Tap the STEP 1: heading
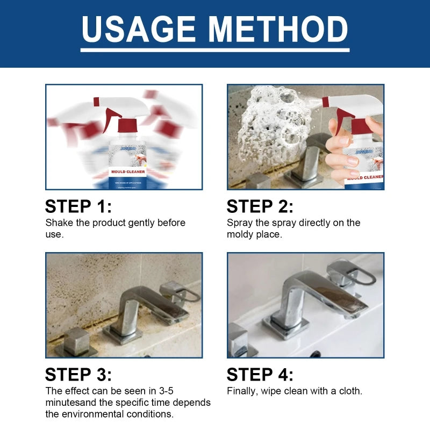(78, 206)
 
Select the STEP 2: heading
(260, 206)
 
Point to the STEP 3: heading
(78, 375)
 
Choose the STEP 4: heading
(260, 375)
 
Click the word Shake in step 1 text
(58, 223)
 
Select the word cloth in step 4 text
(350, 391)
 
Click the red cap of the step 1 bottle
(128, 125)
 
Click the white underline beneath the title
(215, 50)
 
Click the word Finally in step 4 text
(242, 391)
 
